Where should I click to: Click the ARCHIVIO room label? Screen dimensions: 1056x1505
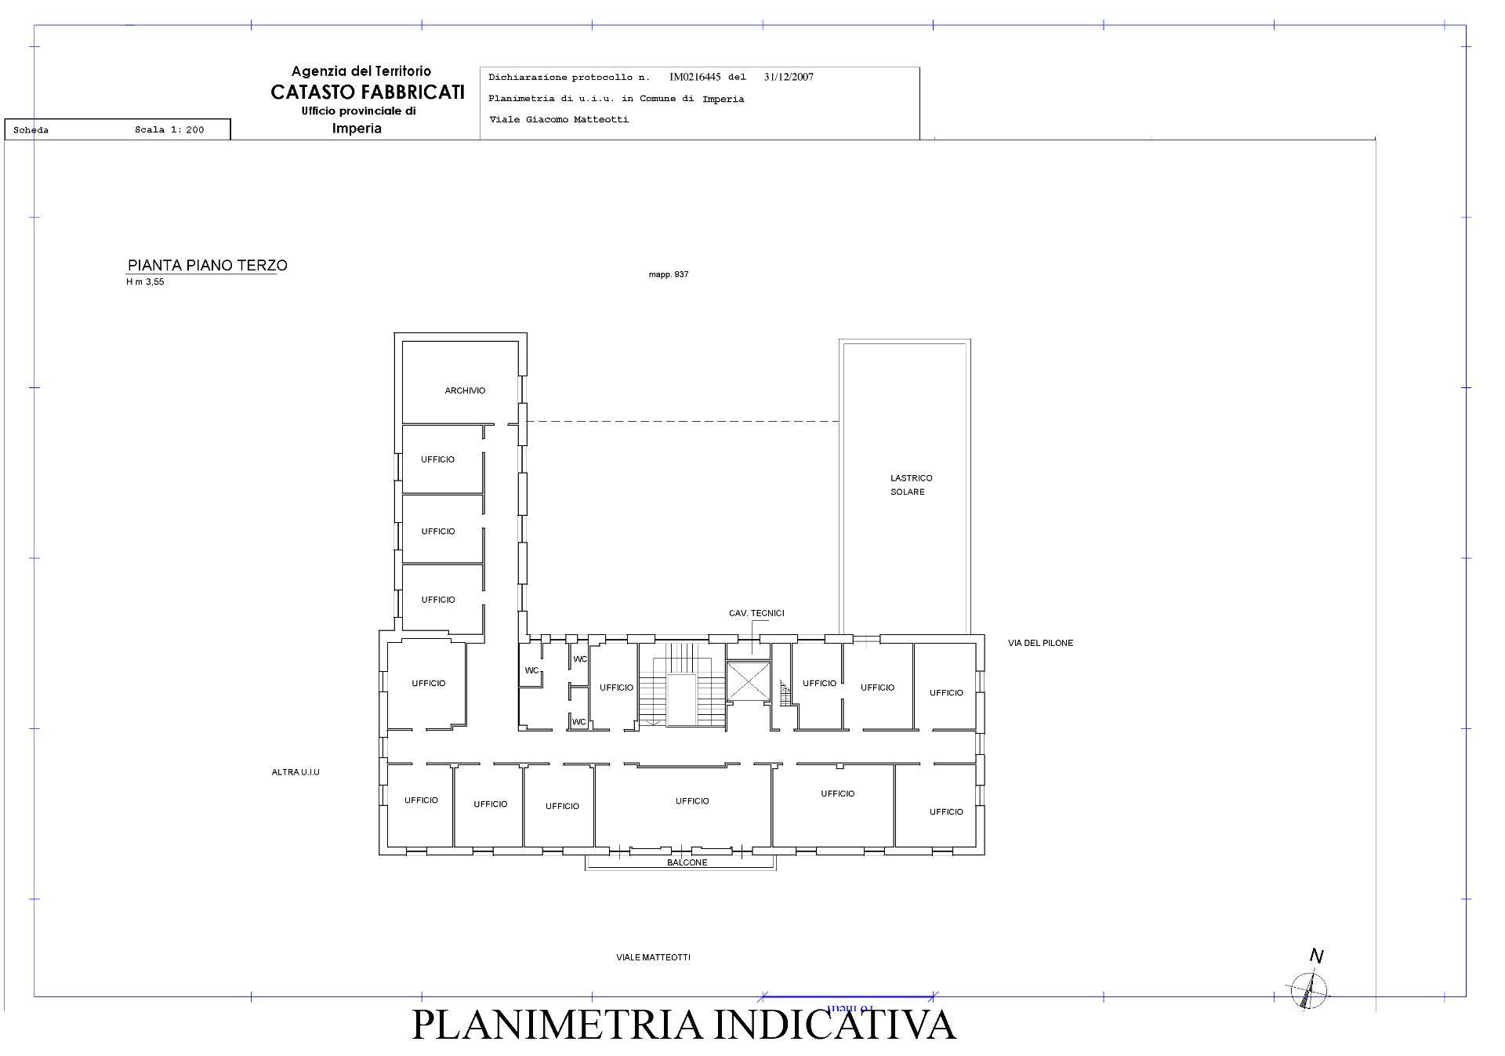pyautogui.click(x=465, y=390)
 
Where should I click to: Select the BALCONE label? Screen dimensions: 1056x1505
pyautogui.click(x=687, y=862)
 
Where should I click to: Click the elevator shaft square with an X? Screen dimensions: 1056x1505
pyautogui.click(x=749, y=680)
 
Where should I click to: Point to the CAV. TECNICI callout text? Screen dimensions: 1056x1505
pyautogui.click(x=756, y=613)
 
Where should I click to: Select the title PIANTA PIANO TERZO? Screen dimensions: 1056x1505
pyautogui.click(x=207, y=265)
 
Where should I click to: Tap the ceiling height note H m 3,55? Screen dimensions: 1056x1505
pyautogui.click(x=145, y=282)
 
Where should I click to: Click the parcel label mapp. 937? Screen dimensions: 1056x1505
pyautogui.click(x=668, y=274)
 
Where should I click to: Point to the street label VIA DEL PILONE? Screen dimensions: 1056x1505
pyautogui.click(x=1040, y=643)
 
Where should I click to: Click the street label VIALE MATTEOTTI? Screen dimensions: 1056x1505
pyautogui.click(x=653, y=957)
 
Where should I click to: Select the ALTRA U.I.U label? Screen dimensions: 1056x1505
pyautogui.click(x=296, y=772)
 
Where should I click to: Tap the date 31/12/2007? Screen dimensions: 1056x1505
pyautogui.click(x=789, y=77)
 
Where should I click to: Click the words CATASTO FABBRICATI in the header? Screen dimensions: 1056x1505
pyautogui.click(x=368, y=92)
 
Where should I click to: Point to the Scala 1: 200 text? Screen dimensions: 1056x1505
pyautogui.click(x=169, y=130)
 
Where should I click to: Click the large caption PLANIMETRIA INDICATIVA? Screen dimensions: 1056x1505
pyautogui.click(x=684, y=1025)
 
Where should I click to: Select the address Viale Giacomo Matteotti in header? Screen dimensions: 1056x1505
pyautogui.click(x=558, y=120)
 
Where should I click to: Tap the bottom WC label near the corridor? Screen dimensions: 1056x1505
pyautogui.click(x=578, y=722)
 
